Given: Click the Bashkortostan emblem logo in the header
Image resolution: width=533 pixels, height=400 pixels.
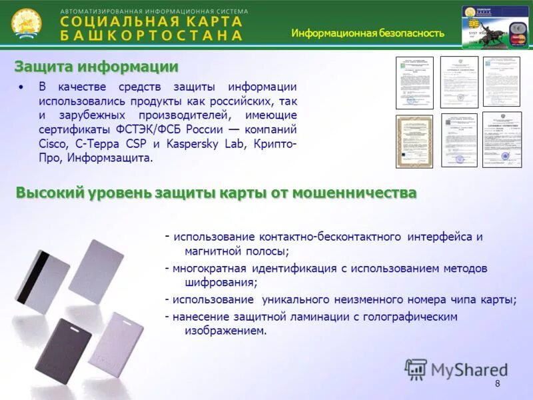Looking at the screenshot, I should click(26, 23).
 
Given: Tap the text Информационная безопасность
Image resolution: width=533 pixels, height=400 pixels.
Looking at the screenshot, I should click(367, 33).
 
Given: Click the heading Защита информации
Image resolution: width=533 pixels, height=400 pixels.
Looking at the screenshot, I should click(97, 67).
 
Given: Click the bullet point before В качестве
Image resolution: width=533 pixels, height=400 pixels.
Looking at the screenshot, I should click(22, 87).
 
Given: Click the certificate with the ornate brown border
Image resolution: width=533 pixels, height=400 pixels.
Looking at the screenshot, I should click(414, 141).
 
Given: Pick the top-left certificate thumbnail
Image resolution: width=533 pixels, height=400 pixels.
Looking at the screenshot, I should click(414, 83).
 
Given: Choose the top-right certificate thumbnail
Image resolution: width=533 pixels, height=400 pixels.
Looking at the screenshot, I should click(501, 81).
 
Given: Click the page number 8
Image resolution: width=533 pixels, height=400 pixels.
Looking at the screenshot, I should click(497, 383).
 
